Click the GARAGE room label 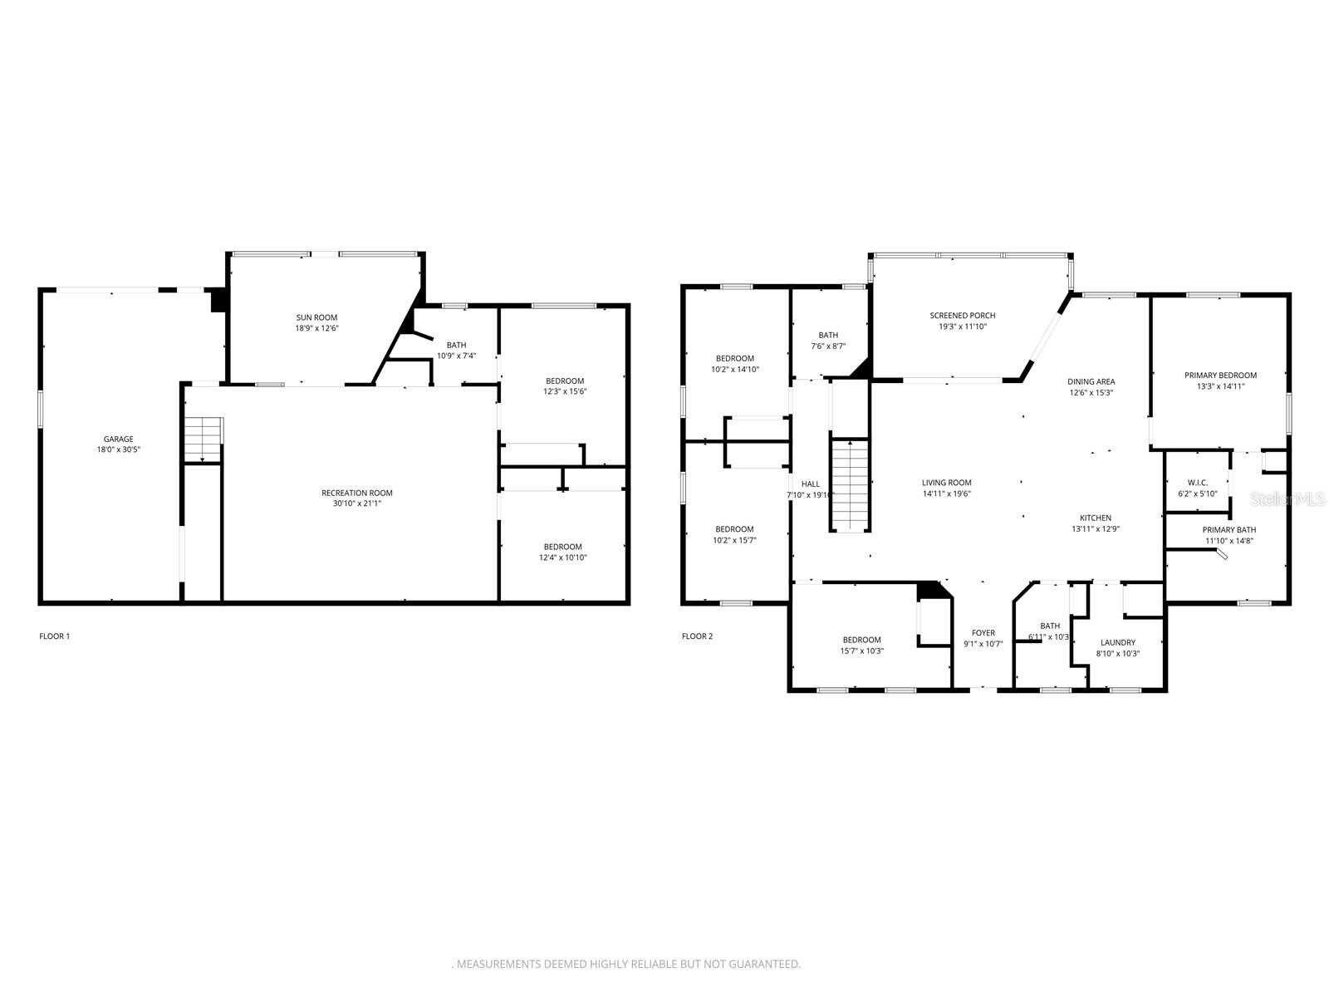118,440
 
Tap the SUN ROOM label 316,317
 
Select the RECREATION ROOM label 357,493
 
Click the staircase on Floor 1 204,439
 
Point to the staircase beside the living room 850,485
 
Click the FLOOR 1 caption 55,636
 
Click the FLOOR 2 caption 697,636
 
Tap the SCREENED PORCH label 962,316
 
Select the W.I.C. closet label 1197,483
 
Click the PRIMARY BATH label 1228,530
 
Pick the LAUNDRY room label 1117,642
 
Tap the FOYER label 983,633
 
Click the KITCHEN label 1095,518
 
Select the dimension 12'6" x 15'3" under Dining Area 1091,393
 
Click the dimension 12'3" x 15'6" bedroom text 564,391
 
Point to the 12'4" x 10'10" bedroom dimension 562,557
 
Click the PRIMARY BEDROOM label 1220,375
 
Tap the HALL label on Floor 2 810,484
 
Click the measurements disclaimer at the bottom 626,965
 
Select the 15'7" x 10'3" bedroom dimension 861,651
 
